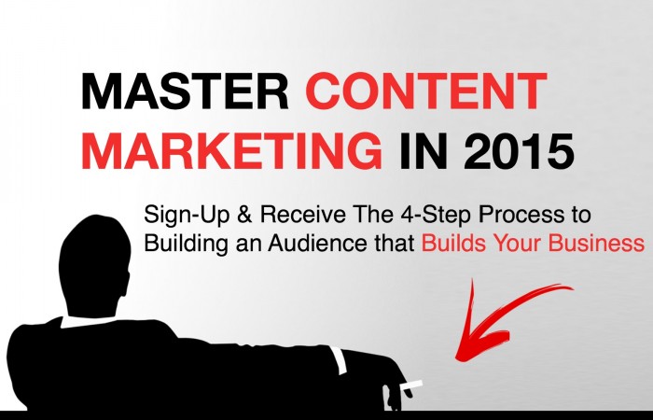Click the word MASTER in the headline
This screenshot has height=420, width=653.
pyautogui.click(x=185, y=91)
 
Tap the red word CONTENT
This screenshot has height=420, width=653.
pyautogui.click(x=426, y=91)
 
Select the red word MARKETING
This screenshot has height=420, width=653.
pyautogui.click(x=231, y=150)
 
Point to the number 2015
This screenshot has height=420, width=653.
pyautogui.click(x=519, y=150)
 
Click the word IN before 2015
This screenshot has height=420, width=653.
pyautogui.click(x=424, y=150)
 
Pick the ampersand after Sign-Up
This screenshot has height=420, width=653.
pyautogui.click(x=244, y=215)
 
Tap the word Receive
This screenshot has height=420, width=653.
pyautogui.click(x=303, y=215)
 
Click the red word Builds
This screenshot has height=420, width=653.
pyautogui.click(x=453, y=243)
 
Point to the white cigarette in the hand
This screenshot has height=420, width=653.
pyautogui.click(x=411, y=385)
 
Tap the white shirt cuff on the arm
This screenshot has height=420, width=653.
pyautogui.click(x=338, y=360)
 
